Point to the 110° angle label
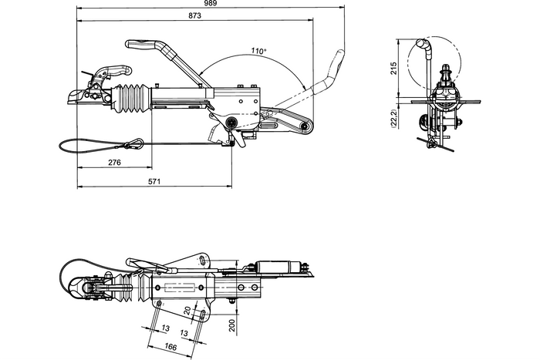(x=258, y=51)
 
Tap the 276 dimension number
(x=114, y=163)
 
